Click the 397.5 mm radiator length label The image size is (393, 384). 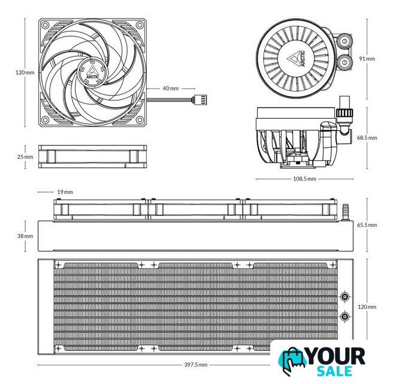[196, 365]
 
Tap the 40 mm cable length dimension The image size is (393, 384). [171, 88]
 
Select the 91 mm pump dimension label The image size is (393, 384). [367, 59]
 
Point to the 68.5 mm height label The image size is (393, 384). [367, 138]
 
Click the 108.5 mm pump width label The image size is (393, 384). [304, 179]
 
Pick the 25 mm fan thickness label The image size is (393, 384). [25, 157]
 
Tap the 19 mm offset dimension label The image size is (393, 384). [65, 192]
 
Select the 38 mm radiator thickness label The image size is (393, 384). [25, 236]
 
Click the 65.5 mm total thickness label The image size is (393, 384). [367, 225]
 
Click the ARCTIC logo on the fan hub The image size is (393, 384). [92, 73]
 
